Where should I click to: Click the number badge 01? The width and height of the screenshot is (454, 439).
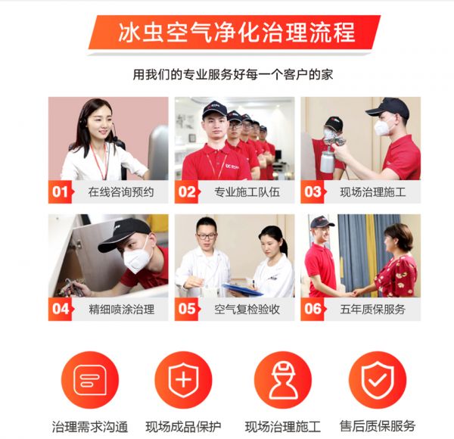pyautogui.click(x=61, y=191)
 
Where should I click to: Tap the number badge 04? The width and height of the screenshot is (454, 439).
pyautogui.click(x=61, y=309)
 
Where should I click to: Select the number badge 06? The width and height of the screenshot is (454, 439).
pyautogui.click(x=313, y=309)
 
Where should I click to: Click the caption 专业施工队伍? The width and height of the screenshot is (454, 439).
pyautogui.click(x=247, y=192)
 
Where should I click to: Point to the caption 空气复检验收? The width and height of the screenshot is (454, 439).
pyautogui.click(x=247, y=310)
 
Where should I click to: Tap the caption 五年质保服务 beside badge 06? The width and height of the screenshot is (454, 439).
pyautogui.click(x=373, y=310)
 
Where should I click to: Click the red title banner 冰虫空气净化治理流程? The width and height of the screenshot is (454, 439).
pyautogui.click(x=235, y=32)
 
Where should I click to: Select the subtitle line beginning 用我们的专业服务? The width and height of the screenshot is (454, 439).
pyautogui.click(x=233, y=74)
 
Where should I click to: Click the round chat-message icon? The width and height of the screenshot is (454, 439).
pyautogui.click(x=90, y=380)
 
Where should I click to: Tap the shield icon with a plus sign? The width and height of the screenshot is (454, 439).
pyautogui.click(x=184, y=380)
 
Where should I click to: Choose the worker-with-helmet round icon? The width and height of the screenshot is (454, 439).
pyautogui.click(x=283, y=380)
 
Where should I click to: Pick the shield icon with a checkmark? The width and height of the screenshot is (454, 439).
pyautogui.click(x=378, y=380)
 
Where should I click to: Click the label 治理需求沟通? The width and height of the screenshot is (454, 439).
pyautogui.click(x=90, y=427)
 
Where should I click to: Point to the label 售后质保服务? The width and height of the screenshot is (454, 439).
pyautogui.click(x=378, y=426)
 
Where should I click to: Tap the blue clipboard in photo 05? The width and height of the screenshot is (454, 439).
pyautogui.click(x=242, y=289)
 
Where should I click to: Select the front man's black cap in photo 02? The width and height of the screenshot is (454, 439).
pyautogui.click(x=215, y=109)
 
